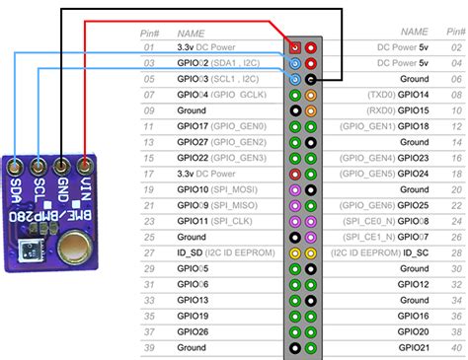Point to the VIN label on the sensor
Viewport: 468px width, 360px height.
[88, 187]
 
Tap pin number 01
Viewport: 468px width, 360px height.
[149, 47]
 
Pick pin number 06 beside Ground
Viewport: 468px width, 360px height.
[456, 79]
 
